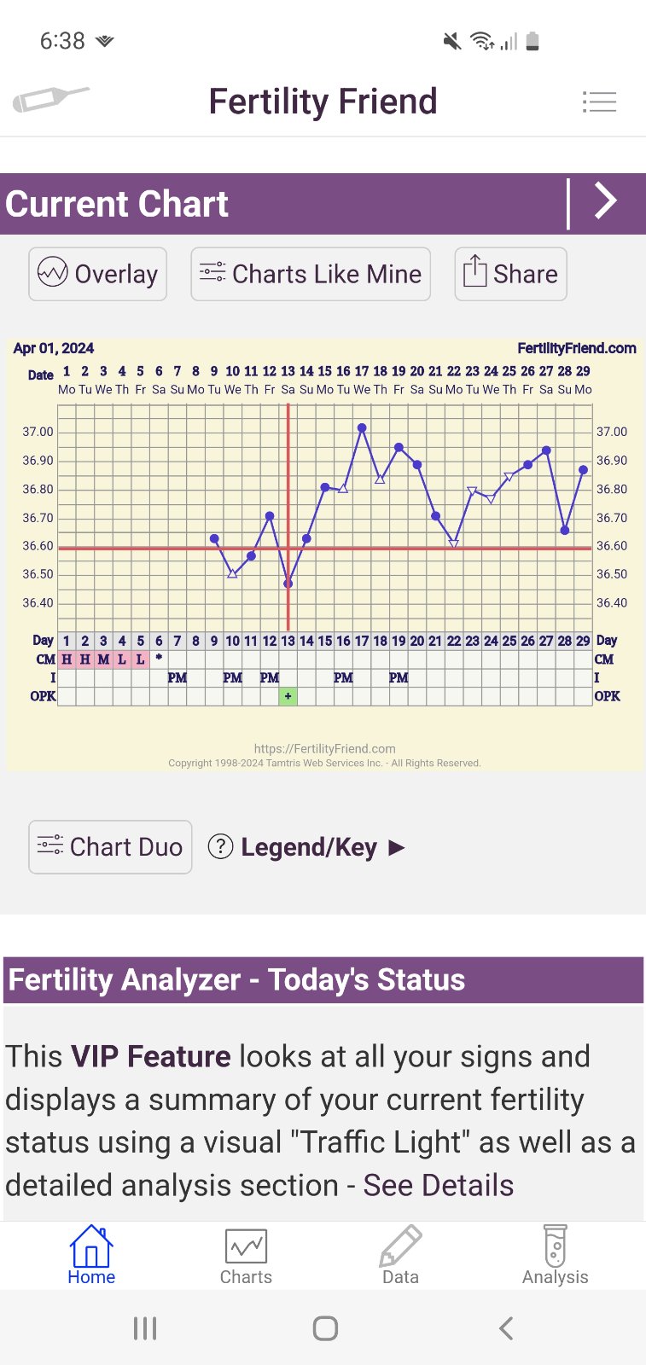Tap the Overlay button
(97, 274)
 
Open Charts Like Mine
(311, 274)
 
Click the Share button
(510, 274)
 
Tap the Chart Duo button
(110, 847)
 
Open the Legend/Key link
(307, 847)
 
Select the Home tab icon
(91, 1248)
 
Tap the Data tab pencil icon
(400, 1246)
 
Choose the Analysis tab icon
(556, 1246)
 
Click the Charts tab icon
(246, 1246)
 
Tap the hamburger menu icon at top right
(599, 102)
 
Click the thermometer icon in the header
(50, 100)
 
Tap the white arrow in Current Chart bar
(605, 202)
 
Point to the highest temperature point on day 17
(362, 428)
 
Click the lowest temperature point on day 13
(288, 584)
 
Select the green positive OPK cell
(288, 696)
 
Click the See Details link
(439, 1185)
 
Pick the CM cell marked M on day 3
(103, 659)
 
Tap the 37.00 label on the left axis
(38, 432)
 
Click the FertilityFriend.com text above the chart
(576, 348)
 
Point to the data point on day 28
(565, 531)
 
